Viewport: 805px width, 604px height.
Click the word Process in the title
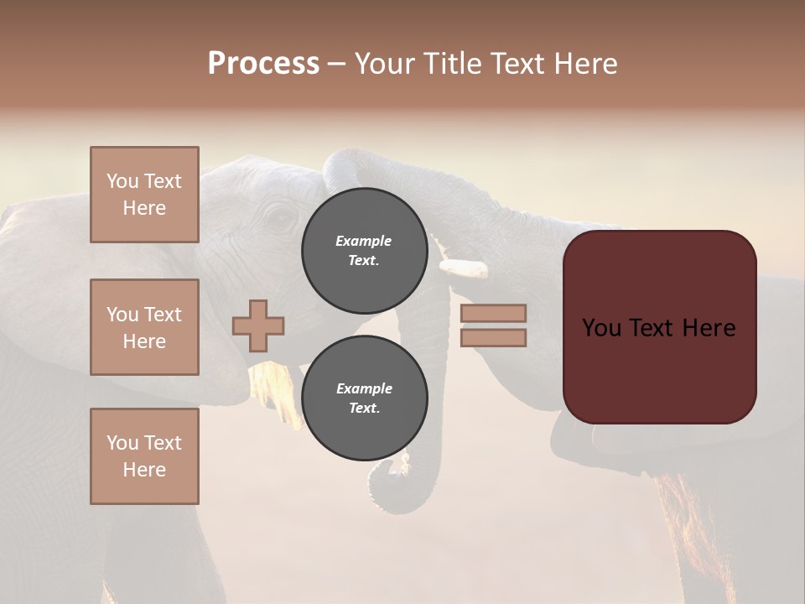pos(263,64)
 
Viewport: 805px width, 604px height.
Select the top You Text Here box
pos(144,195)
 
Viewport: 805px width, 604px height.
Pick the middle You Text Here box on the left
pos(144,327)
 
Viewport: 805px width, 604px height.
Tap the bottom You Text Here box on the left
pos(144,456)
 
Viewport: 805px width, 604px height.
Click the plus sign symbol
pos(258,325)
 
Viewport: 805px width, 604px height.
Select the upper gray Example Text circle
pos(364,250)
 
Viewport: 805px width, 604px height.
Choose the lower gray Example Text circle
pos(364,398)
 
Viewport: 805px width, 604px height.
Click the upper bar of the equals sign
pos(493,313)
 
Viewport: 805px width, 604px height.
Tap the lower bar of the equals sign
pos(493,337)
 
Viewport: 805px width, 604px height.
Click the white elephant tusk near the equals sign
pos(464,268)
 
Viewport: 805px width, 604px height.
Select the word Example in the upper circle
pos(363,241)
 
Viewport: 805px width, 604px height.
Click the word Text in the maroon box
pos(651,327)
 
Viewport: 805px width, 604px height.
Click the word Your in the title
pos(387,64)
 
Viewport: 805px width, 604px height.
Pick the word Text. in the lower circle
pos(364,408)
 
